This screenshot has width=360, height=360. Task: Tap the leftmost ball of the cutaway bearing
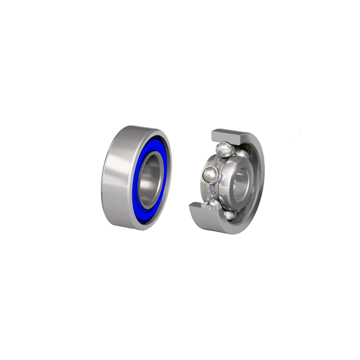pos(210,174)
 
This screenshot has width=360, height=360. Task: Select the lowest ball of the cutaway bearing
pos(230,215)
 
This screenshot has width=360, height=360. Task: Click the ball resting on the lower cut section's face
pos(214,203)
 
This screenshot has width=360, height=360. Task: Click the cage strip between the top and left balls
pos(216,160)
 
